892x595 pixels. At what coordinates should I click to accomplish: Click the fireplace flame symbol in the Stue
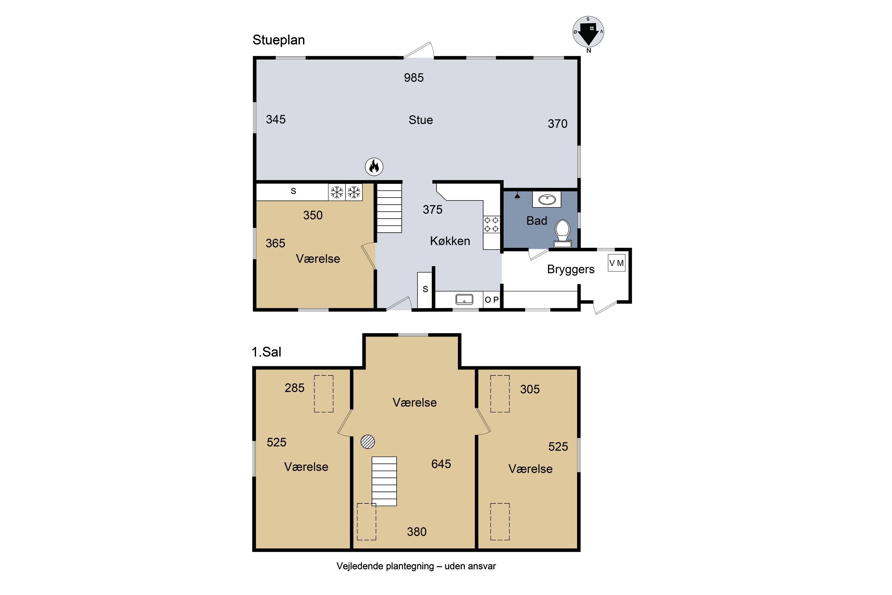pos(374,167)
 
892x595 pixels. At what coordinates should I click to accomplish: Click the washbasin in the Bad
pos(547,200)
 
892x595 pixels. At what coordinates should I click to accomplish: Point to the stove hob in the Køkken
pos(491,224)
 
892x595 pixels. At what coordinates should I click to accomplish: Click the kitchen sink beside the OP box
pos(464,299)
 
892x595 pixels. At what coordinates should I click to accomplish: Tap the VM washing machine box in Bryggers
pos(616,263)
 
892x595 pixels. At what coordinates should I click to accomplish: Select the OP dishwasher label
pos(491,300)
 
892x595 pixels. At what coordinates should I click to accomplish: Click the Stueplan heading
pos(279,40)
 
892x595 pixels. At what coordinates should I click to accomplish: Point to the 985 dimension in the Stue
pos(414,78)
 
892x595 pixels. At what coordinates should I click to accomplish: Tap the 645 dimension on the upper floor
pos(441,464)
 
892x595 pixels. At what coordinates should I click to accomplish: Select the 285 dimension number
pos(295,388)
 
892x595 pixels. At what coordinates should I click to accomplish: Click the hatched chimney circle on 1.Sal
pos(368,442)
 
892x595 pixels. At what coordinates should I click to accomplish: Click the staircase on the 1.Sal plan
pos(384,481)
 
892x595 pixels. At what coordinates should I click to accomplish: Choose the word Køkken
pos(450,241)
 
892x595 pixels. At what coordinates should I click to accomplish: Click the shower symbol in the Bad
pos(517,196)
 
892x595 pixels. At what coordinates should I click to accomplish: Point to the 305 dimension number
pos(530,389)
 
